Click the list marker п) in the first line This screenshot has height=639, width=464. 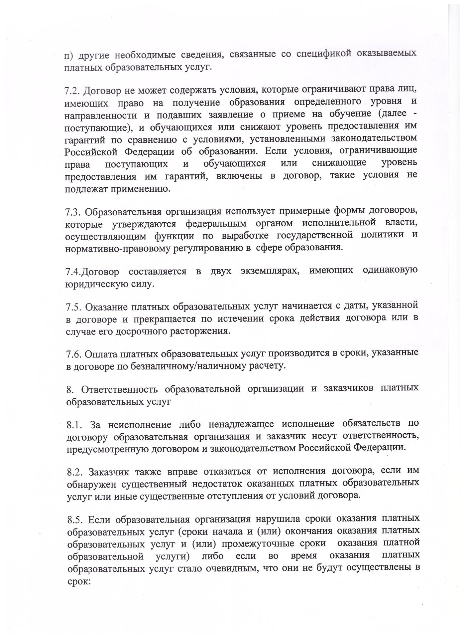[x=69, y=56]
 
